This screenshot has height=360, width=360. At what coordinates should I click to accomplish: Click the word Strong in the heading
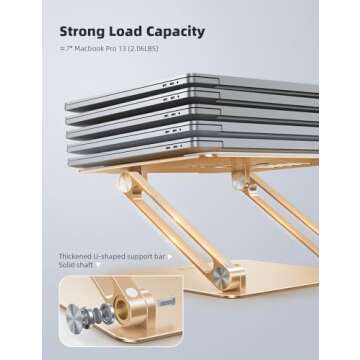[86, 31]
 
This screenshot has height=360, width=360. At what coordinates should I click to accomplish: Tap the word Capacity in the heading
[179, 31]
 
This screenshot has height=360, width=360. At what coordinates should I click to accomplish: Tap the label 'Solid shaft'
[81, 268]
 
